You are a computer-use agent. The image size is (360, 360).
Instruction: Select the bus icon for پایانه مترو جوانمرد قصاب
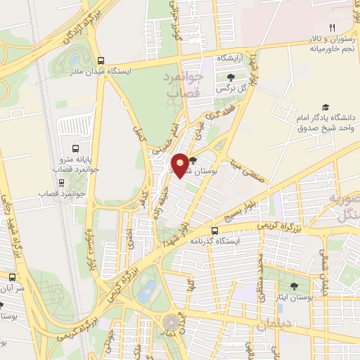[76, 148]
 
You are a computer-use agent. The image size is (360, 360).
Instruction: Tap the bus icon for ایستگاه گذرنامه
[215, 231]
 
